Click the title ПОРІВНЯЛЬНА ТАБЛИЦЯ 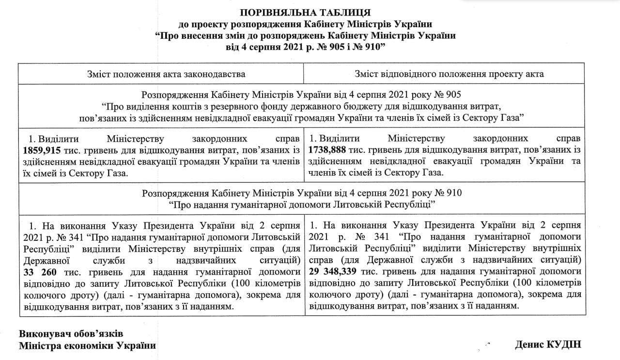click(305, 13)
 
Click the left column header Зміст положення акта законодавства click(166, 74)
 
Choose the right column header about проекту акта click(449, 74)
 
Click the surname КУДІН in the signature click(563, 344)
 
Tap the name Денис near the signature click(528, 344)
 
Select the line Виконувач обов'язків click(71, 334)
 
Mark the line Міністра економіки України click(87, 345)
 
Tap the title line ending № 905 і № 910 click(305, 47)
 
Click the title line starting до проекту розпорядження click(305, 24)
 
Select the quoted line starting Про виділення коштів click(300, 106)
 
